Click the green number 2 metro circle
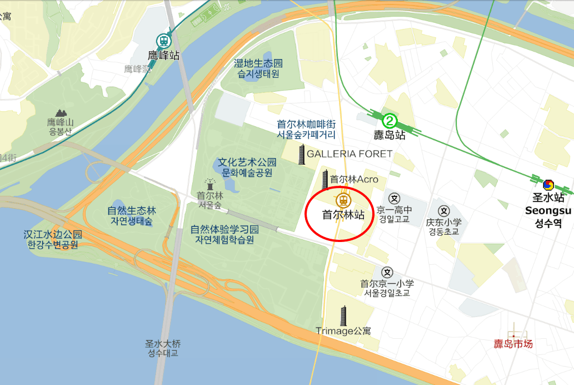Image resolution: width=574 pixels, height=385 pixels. (390, 120)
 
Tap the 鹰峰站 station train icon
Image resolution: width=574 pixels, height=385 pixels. (163, 41)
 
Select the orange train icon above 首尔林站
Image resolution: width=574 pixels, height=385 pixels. (343, 199)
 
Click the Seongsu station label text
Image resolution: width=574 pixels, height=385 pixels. (548, 210)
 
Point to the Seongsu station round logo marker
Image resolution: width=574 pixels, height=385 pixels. (548, 184)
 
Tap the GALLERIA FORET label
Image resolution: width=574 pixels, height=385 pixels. (350, 154)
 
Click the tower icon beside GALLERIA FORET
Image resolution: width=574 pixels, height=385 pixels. (302, 155)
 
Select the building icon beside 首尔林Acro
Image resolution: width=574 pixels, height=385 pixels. (325, 179)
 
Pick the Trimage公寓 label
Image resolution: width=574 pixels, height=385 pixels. (343, 331)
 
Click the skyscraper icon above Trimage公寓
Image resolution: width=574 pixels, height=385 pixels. (343, 315)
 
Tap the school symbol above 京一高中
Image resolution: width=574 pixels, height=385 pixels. (394, 198)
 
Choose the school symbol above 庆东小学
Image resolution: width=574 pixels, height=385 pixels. (443, 210)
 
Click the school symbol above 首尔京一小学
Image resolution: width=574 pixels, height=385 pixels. (387, 272)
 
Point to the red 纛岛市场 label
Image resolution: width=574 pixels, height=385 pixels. (513, 344)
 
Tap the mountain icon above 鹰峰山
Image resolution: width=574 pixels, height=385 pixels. (59, 113)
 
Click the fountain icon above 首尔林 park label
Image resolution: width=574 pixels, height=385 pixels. (210, 184)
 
